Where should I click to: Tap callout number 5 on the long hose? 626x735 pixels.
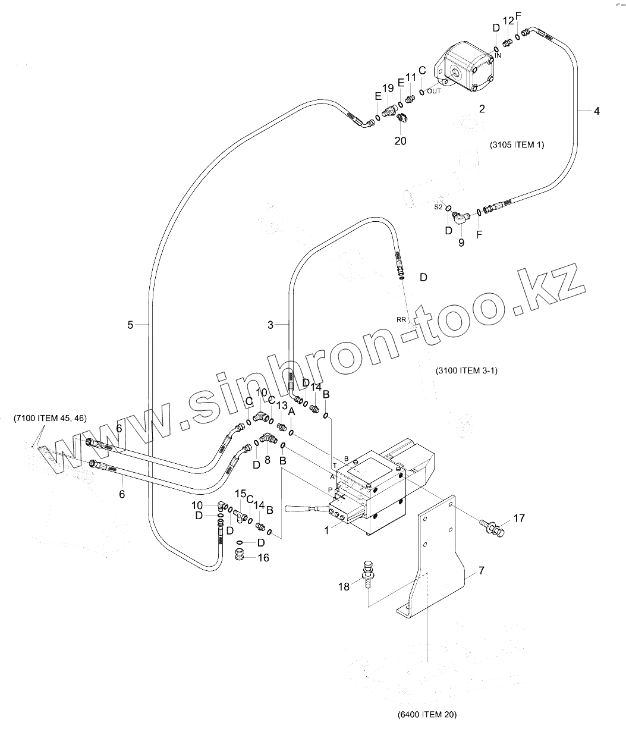pyautogui.click(x=130, y=324)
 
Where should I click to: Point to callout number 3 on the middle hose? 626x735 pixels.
pyautogui.click(x=270, y=325)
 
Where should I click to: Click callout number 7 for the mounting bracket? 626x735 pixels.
pyautogui.click(x=481, y=571)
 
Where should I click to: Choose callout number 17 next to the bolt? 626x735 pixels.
pyautogui.click(x=520, y=519)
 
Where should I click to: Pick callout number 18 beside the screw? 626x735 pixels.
pyautogui.click(x=344, y=587)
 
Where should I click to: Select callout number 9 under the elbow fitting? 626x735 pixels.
pyautogui.click(x=461, y=243)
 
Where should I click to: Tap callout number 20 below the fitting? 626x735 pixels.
pyautogui.click(x=401, y=141)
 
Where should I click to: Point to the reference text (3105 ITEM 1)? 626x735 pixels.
pyautogui.click(x=517, y=145)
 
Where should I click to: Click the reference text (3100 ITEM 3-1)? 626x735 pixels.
pyautogui.click(x=467, y=370)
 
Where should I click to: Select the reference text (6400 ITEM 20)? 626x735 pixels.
pyautogui.click(x=427, y=714)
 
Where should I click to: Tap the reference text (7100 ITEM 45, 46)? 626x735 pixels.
pyautogui.click(x=50, y=418)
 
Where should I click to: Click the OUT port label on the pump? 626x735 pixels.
pyautogui.click(x=434, y=91)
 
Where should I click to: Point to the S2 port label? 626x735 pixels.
pyautogui.click(x=438, y=207)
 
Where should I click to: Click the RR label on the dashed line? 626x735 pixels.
pyautogui.click(x=401, y=319)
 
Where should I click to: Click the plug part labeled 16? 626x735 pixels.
pyautogui.click(x=241, y=555)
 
